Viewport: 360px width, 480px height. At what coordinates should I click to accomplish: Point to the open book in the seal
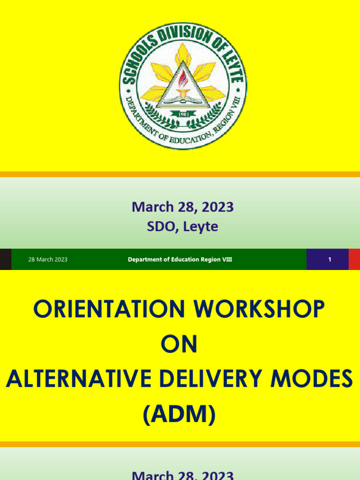point(183,99)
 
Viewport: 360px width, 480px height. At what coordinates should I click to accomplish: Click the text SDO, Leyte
point(182,227)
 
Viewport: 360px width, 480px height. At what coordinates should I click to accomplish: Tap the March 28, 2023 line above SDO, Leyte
point(182,207)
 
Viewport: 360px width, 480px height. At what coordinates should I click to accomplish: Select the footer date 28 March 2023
point(48,259)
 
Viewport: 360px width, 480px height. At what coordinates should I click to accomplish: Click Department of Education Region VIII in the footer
point(180,259)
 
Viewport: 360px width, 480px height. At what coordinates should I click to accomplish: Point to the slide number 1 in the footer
point(330,259)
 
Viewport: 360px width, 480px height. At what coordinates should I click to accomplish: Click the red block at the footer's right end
point(354,259)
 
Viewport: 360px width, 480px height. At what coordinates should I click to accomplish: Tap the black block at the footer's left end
point(5,259)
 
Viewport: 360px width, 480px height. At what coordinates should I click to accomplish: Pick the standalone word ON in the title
point(180,345)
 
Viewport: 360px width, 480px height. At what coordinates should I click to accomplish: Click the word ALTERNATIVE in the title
point(79,379)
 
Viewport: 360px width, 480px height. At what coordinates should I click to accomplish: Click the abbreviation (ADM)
point(180,414)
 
